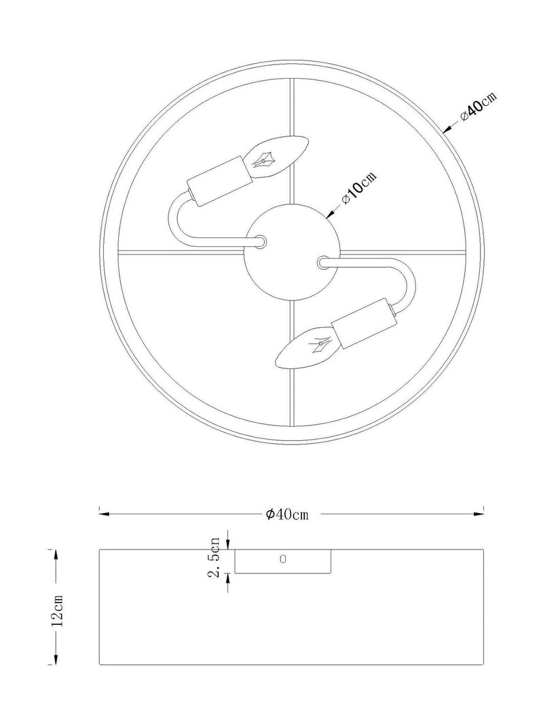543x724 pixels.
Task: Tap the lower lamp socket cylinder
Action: tap(364, 324)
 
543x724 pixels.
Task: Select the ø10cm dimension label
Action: tap(359, 189)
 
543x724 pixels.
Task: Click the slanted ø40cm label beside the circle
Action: tap(479, 107)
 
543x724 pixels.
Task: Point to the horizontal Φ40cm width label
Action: tap(286, 514)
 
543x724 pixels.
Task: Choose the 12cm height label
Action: tap(58, 611)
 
